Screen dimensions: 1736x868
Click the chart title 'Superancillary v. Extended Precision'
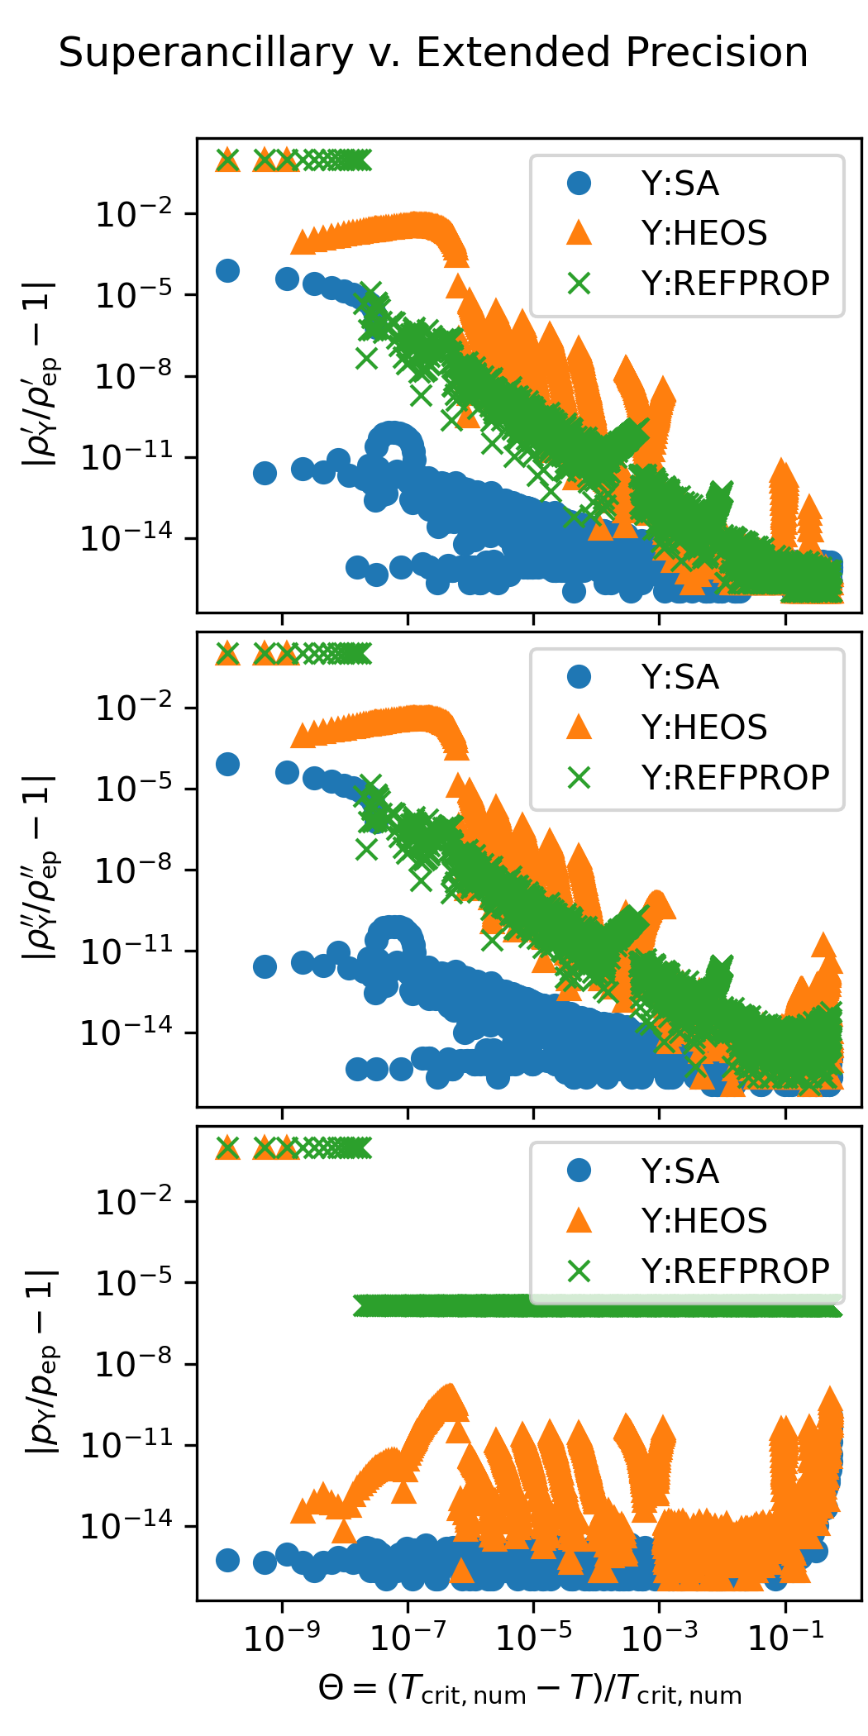pos(433,53)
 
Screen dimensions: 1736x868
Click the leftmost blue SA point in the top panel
pos(227,270)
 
